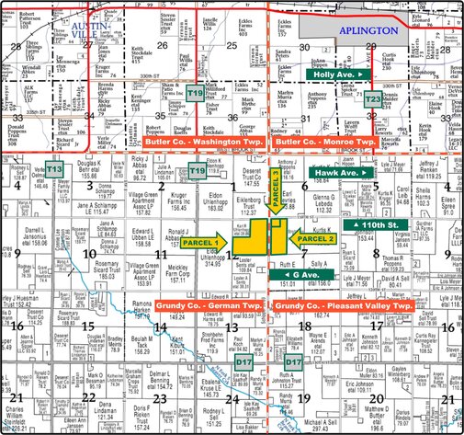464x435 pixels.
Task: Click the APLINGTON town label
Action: click(368, 30)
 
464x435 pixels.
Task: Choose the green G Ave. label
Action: click(301, 274)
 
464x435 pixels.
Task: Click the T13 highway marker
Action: click(54, 169)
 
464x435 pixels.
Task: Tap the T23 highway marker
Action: click(372, 98)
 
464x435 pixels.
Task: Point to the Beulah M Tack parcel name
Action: click(143, 343)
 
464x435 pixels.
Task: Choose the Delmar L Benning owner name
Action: click(162, 379)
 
